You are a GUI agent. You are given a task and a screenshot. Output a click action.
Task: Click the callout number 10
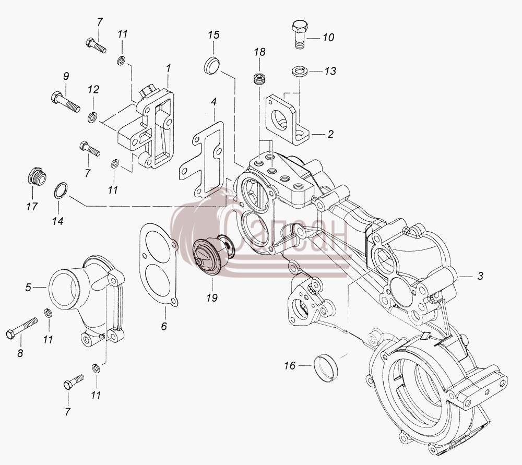[x=328, y=37]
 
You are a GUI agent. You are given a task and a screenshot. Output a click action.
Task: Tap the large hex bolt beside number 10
[x=300, y=34]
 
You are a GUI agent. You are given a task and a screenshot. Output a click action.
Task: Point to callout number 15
[x=214, y=34]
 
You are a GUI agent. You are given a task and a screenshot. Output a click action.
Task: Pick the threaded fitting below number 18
[x=259, y=79]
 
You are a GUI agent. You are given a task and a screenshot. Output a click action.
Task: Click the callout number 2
[x=330, y=134]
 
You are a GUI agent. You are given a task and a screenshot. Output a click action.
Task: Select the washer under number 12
[x=92, y=117]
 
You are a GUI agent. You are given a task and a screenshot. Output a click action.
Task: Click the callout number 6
[x=164, y=326]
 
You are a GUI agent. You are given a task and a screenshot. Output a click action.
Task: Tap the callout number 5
[x=29, y=287]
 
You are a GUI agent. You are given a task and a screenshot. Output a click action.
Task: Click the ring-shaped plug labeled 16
[x=326, y=368]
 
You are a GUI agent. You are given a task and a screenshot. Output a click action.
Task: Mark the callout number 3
[x=480, y=276]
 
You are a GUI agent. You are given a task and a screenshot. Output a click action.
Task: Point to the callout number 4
[x=213, y=101]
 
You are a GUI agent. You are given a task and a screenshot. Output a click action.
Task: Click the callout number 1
[x=169, y=68]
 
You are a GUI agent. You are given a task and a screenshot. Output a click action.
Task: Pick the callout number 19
[x=212, y=297]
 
